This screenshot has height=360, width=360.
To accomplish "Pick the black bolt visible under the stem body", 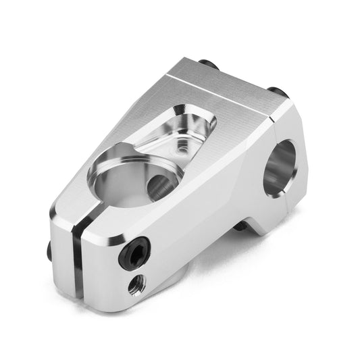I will [240, 227].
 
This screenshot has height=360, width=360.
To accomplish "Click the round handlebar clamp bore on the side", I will [280, 168].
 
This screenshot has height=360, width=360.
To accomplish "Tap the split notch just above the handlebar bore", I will [272, 121].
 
